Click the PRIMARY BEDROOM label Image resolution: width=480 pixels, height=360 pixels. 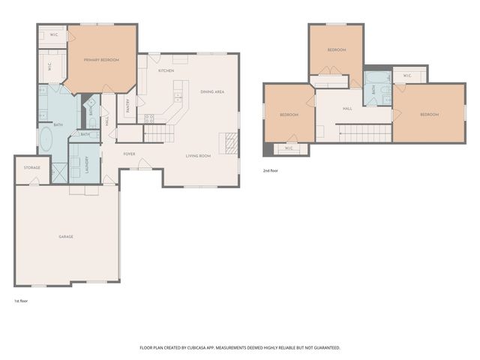click(x=101, y=60)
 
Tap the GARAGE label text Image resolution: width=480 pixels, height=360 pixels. click(x=66, y=236)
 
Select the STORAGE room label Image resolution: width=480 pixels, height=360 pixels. click(x=31, y=167)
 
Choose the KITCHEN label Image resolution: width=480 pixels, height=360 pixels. click(x=166, y=70)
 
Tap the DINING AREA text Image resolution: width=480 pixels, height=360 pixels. click(x=212, y=91)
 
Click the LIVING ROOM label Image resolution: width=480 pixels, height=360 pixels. click(x=198, y=155)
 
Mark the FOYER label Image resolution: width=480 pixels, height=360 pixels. click(x=129, y=154)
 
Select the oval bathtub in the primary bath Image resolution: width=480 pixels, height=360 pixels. click(x=46, y=139)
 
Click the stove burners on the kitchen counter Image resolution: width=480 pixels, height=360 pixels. click(x=148, y=118)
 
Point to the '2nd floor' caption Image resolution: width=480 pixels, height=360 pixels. click(x=271, y=170)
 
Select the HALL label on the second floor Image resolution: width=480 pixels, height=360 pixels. click(x=347, y=109)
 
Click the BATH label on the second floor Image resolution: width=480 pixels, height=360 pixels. click(x=373, y=89)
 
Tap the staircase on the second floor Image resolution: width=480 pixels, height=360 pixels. click(x=364, y=133)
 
